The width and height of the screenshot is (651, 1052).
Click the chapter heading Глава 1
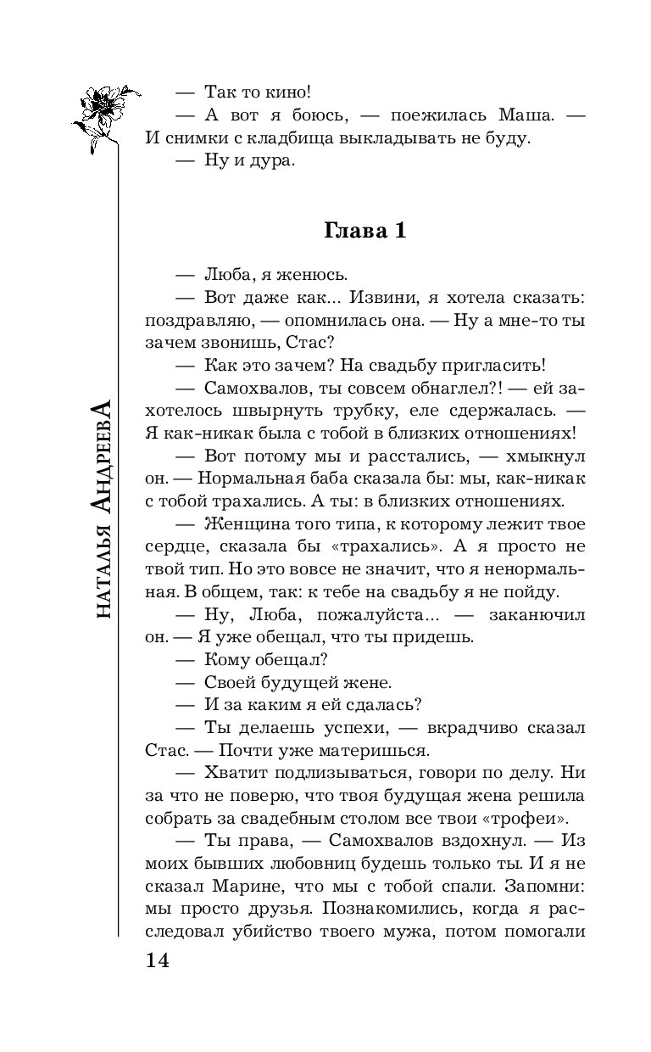[x=365, y=232]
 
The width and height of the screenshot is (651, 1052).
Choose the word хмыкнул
[x=543, y=455]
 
